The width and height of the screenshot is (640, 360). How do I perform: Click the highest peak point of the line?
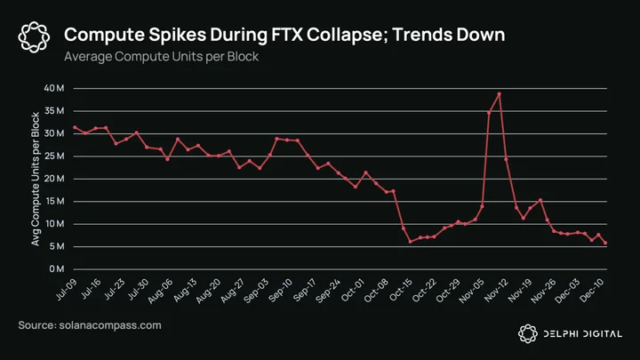coord(500,94)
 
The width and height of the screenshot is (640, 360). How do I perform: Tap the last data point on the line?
coord(605,243)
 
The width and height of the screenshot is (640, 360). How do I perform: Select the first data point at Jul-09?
coord(75,127)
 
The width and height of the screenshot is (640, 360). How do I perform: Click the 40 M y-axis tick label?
coord(54,88)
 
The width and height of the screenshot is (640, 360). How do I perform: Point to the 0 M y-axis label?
coord(57,269)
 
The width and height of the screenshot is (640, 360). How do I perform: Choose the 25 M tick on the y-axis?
coord(54,156)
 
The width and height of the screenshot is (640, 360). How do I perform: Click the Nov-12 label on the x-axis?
coord(496,290)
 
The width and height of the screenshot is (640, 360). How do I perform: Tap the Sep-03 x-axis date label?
coord(256,290)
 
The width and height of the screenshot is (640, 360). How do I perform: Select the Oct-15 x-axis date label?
coord(400,290)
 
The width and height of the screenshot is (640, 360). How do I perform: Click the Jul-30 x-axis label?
coord(138,290)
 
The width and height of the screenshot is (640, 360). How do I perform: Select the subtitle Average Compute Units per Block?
coord(161,56)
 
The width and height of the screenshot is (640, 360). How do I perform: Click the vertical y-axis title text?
coord(36,179)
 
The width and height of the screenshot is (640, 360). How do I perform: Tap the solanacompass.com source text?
coord(110,325)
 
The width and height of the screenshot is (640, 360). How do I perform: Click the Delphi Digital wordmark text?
coord(583,334)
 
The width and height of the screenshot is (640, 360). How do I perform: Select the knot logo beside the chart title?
coord(34,37)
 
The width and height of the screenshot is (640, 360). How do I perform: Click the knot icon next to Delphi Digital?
coord(528,333)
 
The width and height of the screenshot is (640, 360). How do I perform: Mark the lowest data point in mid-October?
coord(410,242)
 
